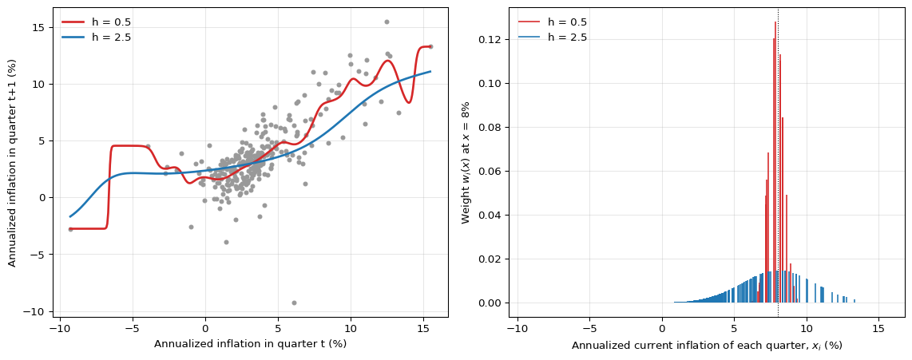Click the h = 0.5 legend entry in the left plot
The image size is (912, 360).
[x=96, y=22]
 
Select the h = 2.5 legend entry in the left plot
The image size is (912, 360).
[x=96, y=38]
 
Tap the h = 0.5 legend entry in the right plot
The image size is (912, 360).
[x=552, y=22]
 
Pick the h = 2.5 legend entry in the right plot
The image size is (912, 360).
[x=552, y=38]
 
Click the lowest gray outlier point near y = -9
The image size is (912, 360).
[x=295, y=303]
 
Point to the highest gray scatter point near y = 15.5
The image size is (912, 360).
[x=387, y=22]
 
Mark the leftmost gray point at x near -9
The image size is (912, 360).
[x=70, y=229]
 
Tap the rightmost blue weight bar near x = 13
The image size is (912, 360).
[x=855, y=301]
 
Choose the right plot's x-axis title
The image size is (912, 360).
[x=707, y=345]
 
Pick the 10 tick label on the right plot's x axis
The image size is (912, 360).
[x=807, y=327]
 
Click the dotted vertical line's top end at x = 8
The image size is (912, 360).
[x=778, y=7]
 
